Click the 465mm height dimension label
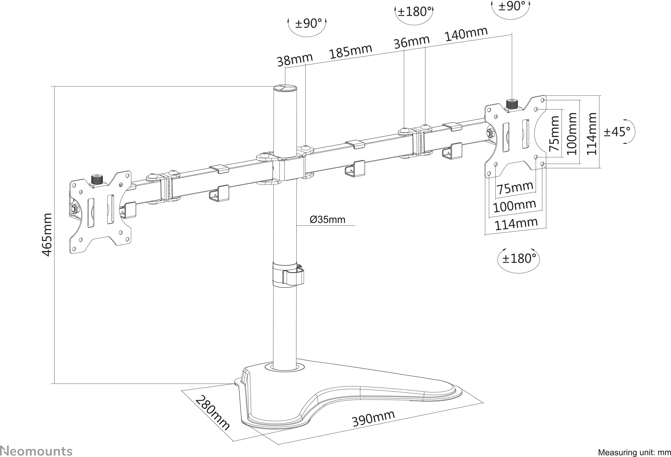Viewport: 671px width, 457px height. [x=47, y=235]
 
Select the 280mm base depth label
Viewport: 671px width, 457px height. [x=213, y=413]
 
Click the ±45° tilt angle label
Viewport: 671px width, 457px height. [x=617, y=132]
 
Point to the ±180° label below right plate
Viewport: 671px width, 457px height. [x=519, y=258]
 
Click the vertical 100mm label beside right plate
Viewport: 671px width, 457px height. [x=572, y=134]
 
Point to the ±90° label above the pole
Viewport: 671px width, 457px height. [x=308, y=23]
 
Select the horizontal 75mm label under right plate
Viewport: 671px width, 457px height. [x=515, y=188]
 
